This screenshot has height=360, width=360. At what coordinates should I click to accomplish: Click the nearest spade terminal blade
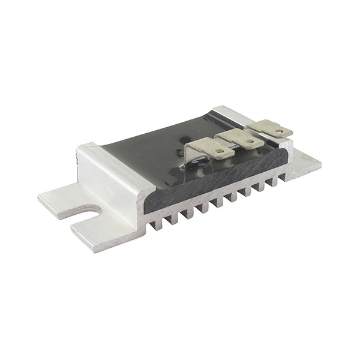point(211,148)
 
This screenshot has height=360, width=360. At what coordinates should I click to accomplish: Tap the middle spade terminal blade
point(241,139)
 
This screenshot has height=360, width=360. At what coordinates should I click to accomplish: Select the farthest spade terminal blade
point(269,128)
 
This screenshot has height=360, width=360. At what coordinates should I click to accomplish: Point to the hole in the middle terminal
point(248,142)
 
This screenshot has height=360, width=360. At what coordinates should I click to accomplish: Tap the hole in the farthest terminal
point(278,131)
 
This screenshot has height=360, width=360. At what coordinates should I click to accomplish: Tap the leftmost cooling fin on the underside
point(157,224)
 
